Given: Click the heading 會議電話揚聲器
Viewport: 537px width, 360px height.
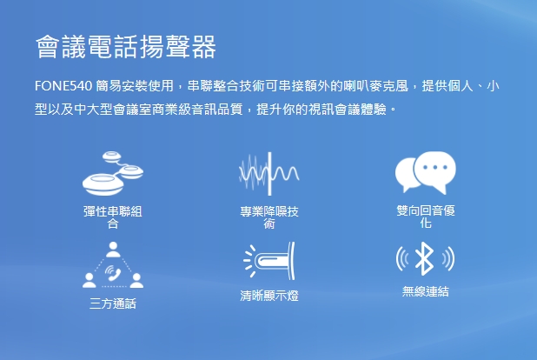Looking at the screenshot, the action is [x=126, y=47].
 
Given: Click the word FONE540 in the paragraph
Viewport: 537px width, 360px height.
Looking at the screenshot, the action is [x=63, y=86].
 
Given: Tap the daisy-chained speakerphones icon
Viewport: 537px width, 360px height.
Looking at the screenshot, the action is [x=113, y=174].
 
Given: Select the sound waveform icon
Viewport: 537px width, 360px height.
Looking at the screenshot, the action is [x=269, y=174].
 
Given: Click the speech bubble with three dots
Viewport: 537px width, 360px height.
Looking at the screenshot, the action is [x=435, y=170].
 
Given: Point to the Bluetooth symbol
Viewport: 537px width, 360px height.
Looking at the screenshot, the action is [x=425, y=258].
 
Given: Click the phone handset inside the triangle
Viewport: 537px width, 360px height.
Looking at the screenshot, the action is [x=113, y=273].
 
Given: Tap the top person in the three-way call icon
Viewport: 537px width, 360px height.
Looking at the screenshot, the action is [x=113, y=250].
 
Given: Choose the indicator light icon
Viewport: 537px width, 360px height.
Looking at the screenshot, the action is [x=269, y=261].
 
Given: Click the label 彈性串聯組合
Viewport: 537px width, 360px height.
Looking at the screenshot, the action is [x=113, y=217].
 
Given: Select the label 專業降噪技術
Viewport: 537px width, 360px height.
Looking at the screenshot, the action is [x=269, y=217].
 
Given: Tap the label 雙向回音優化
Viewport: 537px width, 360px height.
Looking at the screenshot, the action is [x=426, y=217].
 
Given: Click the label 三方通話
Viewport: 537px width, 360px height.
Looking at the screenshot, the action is [x=113, y=303].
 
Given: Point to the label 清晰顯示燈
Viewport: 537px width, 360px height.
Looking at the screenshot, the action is [x=269, y=295].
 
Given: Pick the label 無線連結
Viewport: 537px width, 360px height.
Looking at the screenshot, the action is [x=426, y=291].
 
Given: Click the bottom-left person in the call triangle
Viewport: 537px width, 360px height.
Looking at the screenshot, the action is [x=89, y=280].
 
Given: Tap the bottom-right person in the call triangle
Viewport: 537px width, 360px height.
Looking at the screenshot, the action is [x=136, y=280].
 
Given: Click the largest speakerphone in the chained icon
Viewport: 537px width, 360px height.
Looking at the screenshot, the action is [x=103, y=184].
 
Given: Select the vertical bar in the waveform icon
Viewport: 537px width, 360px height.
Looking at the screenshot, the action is [x=269, y=174].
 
